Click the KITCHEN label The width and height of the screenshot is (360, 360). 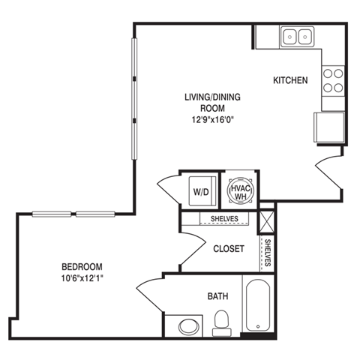coord(290,80)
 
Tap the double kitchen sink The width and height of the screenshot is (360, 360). coord(298,36)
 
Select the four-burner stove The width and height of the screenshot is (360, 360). coord(332,80)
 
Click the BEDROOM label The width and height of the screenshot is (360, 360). coord(82,267)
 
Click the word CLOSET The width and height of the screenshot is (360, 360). coord(228,249)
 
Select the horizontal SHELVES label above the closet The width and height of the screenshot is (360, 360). coord(224,219)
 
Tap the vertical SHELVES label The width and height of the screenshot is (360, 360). coord(267,253)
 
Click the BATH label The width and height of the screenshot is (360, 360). coord(217,296)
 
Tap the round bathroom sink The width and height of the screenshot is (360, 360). coord(186,326)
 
